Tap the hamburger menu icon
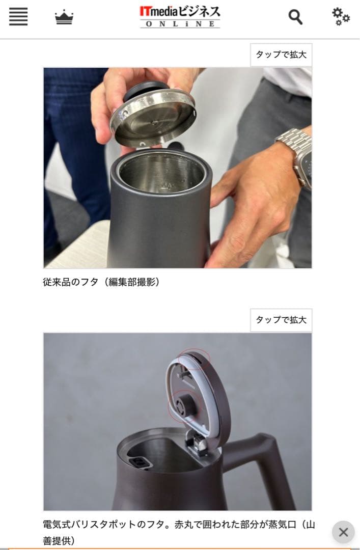pos(18,16)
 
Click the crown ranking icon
pos(64,17)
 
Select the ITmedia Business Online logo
pos(180,17)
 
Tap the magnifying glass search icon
pos(295,17)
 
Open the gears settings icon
pos(341,16)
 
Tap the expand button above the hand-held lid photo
pos(281,54)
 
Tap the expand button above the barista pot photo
pos(281,320)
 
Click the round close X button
pos(343,532)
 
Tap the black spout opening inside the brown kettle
pos(140,463)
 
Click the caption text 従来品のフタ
pos(70,282)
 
